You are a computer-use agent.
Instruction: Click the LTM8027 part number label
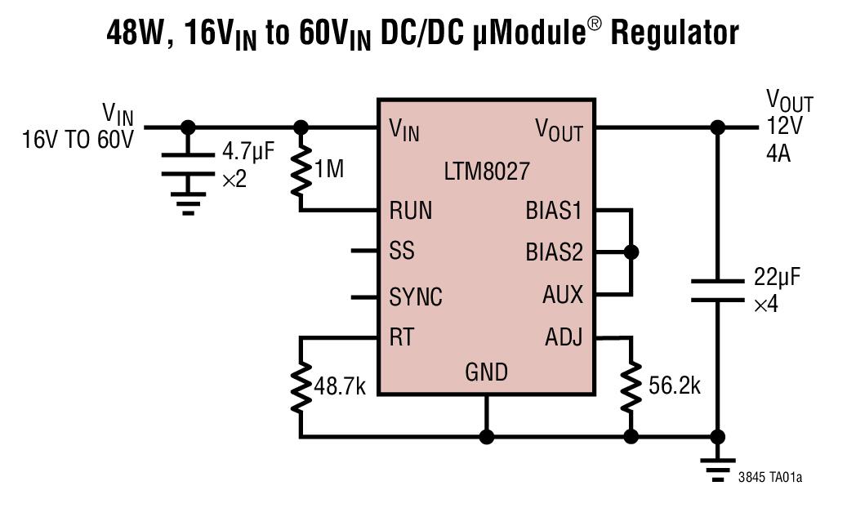coord(486,172)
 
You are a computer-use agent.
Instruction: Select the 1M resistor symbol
coord(301,170)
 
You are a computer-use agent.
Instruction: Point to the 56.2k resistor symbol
coord(631,386)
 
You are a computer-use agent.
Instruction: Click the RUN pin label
coord(410,211)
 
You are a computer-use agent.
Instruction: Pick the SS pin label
coord(402,251)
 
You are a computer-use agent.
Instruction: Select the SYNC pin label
coord(416,296)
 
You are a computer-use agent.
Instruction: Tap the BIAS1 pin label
coord(554,211)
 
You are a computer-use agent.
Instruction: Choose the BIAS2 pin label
coord(554,252)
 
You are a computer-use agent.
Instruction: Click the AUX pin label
coord(563,294)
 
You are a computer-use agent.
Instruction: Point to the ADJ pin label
coord(563,336)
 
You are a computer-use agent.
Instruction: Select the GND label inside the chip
coord(486,372)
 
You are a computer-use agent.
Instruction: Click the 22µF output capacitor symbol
coord(717,290)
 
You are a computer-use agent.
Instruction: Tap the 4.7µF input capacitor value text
coord(249,152)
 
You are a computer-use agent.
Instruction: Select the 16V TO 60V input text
coord(77,140)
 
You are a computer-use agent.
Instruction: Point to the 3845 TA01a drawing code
coord(769,477)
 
